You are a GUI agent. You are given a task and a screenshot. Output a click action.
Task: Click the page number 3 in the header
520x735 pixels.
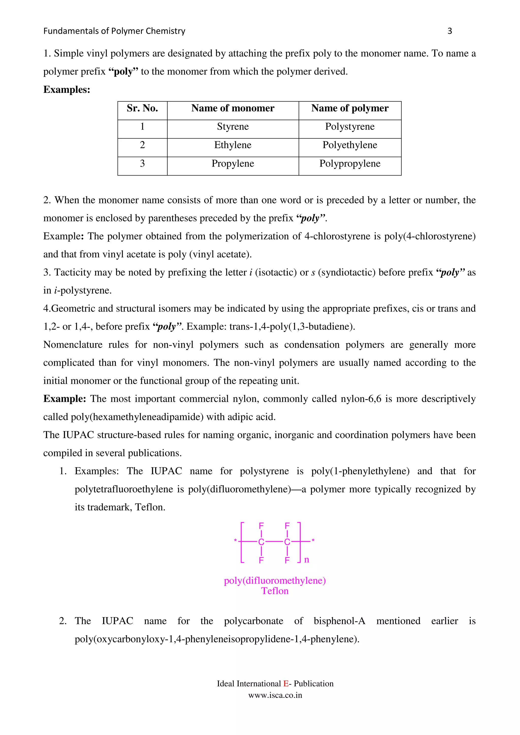pos(449,31)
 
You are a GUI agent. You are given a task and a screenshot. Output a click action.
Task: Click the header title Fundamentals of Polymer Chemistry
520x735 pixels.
pos(114,31)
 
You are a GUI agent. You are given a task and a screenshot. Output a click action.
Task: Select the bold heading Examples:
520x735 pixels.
pos(67,89)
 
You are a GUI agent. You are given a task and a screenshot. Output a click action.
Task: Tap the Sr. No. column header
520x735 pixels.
pos(142,108)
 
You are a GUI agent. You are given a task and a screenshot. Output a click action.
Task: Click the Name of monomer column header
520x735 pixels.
pos(233,108)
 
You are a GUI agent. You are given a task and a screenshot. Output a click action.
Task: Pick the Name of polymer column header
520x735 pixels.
pos(350,108)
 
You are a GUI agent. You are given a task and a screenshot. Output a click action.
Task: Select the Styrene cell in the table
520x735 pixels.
pos(233,127)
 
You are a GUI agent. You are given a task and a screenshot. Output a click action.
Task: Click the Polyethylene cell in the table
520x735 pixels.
pos(350,145)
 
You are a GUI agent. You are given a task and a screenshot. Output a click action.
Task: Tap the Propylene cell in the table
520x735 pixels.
pos(233,164)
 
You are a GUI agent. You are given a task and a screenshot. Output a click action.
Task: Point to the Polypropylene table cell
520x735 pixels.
pos(350,164)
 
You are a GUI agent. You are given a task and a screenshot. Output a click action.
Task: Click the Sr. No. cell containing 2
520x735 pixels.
pos(142,145)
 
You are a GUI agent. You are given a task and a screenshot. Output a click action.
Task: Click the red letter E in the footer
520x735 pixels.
pos(286,684)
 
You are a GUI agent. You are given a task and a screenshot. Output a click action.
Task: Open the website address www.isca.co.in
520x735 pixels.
pos(275,695)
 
